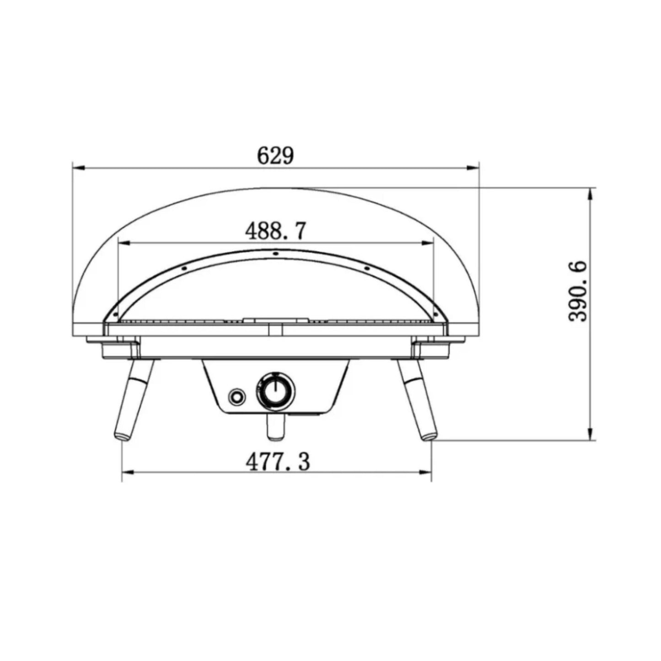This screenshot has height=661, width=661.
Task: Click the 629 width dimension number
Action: click(x=275, y=156)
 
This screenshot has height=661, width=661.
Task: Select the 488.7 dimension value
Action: click(x=275, y=231)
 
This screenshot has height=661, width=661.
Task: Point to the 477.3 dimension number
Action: click(x=278, y=462)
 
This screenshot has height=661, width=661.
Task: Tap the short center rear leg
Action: click(x=275, y=428)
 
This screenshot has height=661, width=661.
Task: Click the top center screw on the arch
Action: click(x=275, y=253)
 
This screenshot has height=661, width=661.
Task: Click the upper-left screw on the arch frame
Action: click(x=183, y=269)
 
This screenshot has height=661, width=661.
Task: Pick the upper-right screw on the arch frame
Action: click(x=366, y=269)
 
